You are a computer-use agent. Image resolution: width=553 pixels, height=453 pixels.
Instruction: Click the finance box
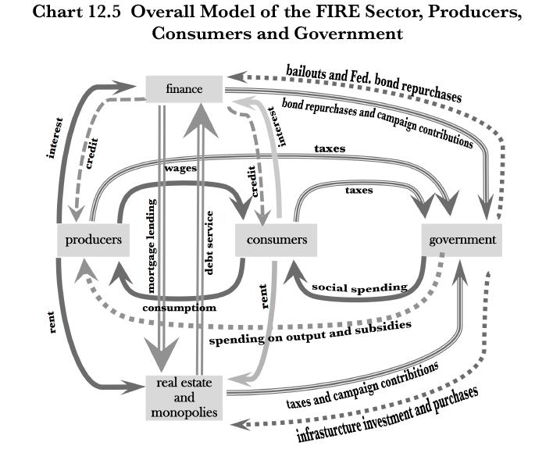(184, 89)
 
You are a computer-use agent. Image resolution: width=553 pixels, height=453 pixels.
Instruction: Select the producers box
(93, 239)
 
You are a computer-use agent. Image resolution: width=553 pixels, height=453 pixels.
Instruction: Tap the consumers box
(276, 239)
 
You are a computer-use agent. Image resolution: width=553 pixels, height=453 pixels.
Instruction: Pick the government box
(462, 239)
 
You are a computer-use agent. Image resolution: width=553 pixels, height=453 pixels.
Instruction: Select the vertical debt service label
(209, 242)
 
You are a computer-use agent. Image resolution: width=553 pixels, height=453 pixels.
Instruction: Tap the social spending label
(359, 287)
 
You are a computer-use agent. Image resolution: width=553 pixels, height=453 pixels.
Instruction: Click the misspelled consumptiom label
(179, 308)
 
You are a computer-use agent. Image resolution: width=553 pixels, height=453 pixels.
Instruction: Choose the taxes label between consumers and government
(359, 190)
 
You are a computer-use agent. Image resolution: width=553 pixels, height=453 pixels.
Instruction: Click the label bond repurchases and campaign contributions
(377, 122)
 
